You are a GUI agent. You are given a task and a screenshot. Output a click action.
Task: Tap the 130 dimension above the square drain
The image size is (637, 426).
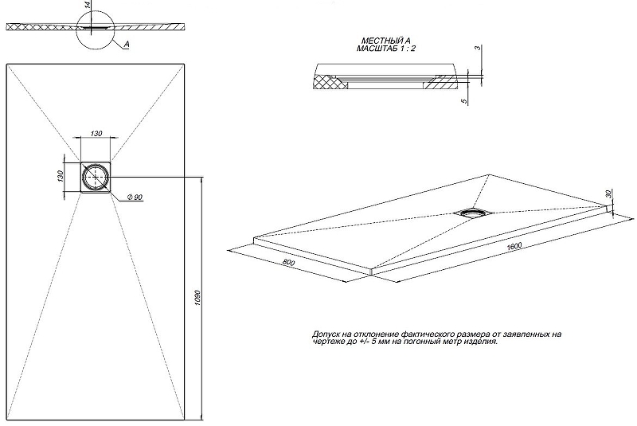click(x=96, y=134)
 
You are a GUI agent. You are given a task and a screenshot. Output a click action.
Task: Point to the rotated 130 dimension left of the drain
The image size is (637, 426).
click(x=60, y=176)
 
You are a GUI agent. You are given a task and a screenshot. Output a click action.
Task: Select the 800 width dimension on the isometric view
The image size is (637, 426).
click(x=289, y=263)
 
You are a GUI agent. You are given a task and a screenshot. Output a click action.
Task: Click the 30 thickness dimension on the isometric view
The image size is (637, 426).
click(x=608, y=194)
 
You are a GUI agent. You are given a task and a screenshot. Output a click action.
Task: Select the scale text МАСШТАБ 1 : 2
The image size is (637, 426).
click(x=386, y=49)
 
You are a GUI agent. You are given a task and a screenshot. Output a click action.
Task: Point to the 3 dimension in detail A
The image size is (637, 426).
click(x=476, y=49)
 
